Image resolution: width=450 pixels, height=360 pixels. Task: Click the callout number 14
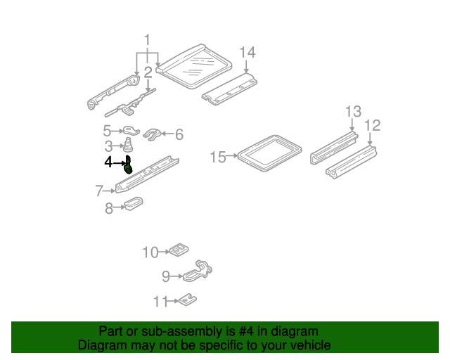pyautogui.click(x=247, y=52)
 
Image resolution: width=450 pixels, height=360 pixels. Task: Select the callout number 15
pyautogui.click(x=219, y=157)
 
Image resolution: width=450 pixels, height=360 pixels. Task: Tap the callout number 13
pyautogui.click(x=352, y=110)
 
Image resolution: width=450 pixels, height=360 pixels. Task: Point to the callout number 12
pyautogui.click(x=372, y=125)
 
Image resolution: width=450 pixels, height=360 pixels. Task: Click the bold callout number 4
pyautogui.click(x=108, y=162)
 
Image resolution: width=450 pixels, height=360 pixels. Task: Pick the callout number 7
pyautogui.click(x=99, y=190)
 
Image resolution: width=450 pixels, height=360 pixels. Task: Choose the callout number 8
pyautogui.click(x=109, y=207)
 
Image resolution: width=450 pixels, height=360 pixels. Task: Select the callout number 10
pyautogui.click(x=151, y=252)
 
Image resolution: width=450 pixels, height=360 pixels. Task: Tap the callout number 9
pyautogui.click(x=166, y=275)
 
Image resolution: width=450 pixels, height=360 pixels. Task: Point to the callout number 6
pyautogui.click(x=179, y=134)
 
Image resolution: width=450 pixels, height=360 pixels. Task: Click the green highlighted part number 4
pyautogui.click(x=129, y=165)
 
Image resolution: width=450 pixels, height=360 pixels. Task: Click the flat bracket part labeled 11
pyautogui.click(x=186, y=300)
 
